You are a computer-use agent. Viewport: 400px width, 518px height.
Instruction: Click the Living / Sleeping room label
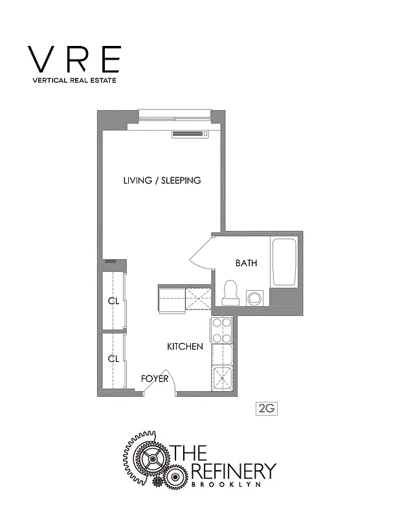(x=162, y=180)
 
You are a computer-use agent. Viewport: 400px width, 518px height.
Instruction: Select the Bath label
(x=246, y=263)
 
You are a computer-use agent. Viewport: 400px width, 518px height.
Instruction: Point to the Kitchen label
(x=185, y=346)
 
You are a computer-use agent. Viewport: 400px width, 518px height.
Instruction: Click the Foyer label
(x=155, y=378)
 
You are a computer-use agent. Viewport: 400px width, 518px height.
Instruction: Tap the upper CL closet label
(x=113, y=301)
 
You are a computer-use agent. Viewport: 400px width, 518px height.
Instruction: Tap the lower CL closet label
(x=113, y=358)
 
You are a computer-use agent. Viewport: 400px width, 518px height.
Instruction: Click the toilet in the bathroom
(x=229, y=293)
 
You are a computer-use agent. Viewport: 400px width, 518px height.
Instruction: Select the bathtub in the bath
(x=283, y=262)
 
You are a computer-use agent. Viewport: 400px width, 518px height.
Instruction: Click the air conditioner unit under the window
(x=191, y=134)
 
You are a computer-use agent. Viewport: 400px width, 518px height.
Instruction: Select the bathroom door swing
(x=201, y=253)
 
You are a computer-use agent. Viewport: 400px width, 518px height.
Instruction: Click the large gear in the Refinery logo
(x=150, y=461)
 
